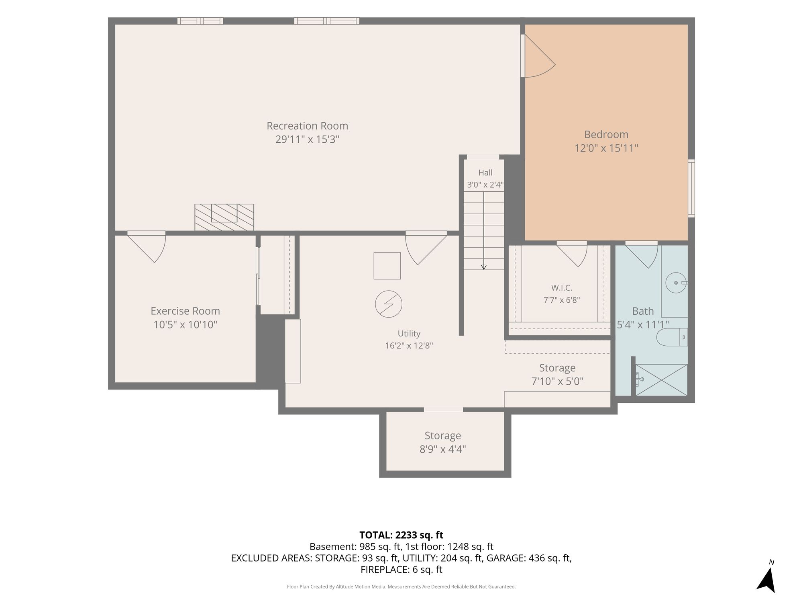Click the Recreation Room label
(307, 126)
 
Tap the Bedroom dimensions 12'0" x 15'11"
(606, 148)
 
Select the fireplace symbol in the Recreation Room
(224, 217)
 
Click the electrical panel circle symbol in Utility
(389, 304)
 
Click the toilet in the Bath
(672, 337)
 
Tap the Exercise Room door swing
(147, 247)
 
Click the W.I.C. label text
(562, 288)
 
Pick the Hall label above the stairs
(485, 173)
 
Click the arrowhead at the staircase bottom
(484, 267)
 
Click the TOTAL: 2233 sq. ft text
(401, 535)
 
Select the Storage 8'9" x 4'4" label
(443, 442)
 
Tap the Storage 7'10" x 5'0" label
(557, 374)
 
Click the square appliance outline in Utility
(387, 266)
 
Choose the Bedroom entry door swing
(539, 56)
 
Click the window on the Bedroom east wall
(691, 189)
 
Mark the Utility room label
(409, 334)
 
